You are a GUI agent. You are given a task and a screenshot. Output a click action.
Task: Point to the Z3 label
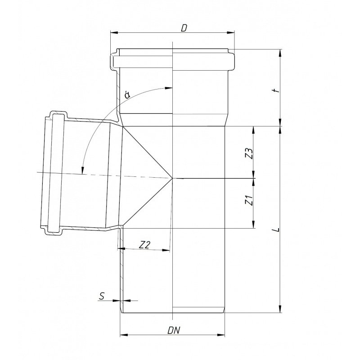coord(248,153)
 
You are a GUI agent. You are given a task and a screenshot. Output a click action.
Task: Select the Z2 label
coord(144,244)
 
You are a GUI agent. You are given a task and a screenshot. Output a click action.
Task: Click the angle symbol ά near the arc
coord(128,95)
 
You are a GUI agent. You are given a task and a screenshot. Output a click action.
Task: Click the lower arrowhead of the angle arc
coord(83,171)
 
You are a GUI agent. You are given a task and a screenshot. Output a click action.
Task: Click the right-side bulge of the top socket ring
coord(232,59)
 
